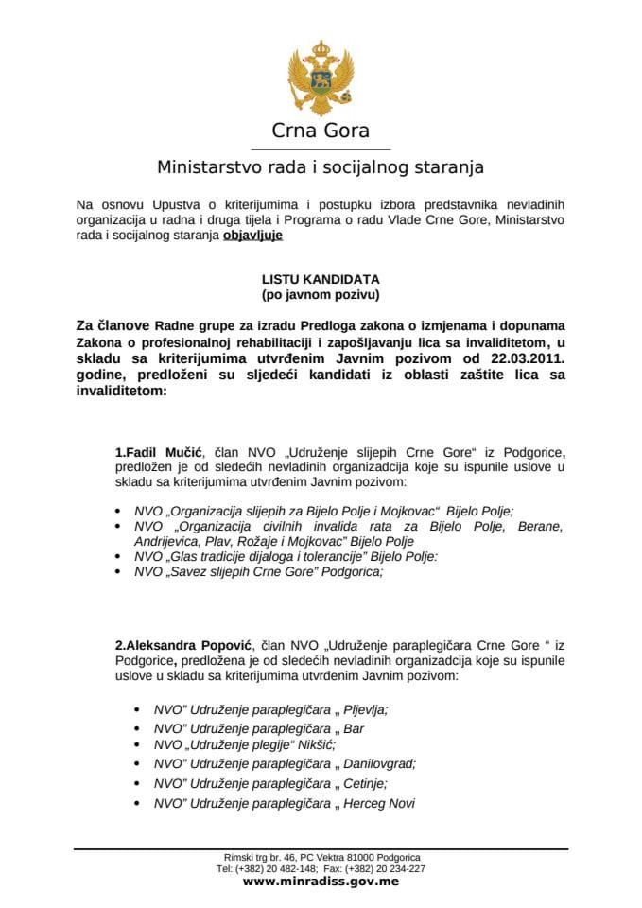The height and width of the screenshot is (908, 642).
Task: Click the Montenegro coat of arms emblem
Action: click(320, 77)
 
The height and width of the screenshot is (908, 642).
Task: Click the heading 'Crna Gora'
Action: click(320, 131)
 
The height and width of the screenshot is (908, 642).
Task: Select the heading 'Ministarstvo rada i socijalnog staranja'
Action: click(320, 167)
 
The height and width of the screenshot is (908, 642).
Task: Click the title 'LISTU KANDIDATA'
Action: click(320, 281)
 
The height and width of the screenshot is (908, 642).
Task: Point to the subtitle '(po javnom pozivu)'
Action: click(320, 295)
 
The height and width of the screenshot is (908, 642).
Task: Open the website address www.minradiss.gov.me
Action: click(321, 881)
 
